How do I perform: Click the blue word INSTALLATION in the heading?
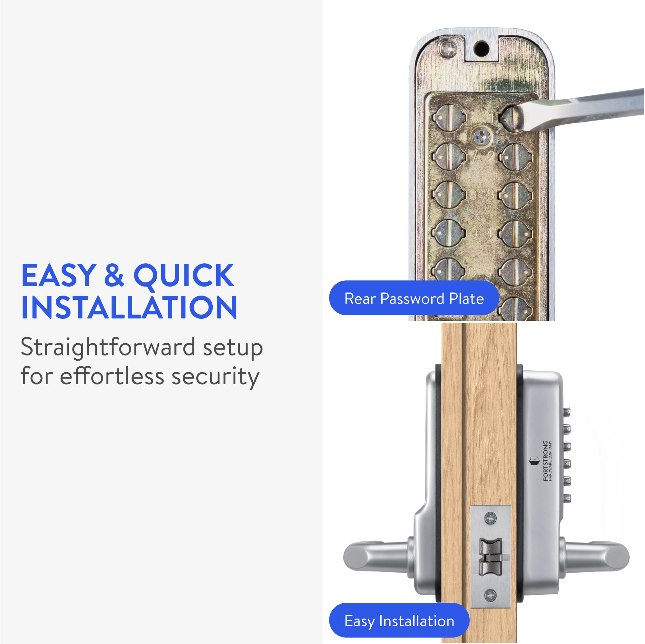click(129, 307)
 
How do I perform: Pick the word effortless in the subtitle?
click(112, 376)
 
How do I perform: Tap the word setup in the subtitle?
click(233, 348)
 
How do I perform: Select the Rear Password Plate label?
click(414, 298)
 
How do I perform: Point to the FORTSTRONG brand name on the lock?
click(545, 460)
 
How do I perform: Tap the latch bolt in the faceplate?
click(491, 557)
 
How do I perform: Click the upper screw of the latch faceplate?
click(490, 518)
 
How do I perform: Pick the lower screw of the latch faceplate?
click(490, 595)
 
